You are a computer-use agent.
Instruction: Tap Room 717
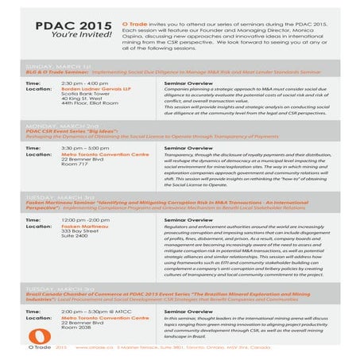pos(77,165)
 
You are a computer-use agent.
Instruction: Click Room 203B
pos(78,329)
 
